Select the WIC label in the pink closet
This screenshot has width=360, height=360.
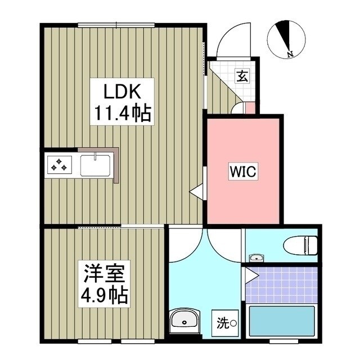(242, 173)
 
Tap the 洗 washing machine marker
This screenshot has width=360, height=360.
(223, 323)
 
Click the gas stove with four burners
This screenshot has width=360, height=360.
(60, 166)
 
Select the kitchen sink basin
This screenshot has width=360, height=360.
(96, 165)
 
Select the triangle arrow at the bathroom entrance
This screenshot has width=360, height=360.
(251, 276)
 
